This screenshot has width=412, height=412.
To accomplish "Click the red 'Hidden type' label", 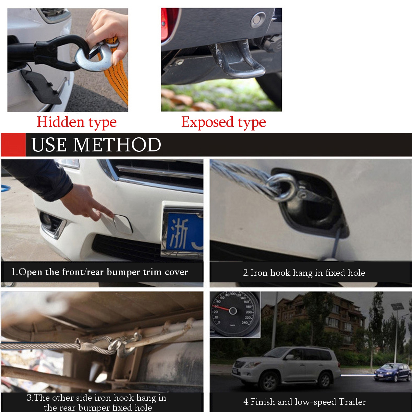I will (77, 122).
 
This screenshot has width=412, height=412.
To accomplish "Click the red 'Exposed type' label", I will (224, 122).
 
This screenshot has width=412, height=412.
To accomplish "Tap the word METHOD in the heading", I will (117, 145).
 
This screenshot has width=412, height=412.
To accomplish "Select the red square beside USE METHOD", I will (13, 145).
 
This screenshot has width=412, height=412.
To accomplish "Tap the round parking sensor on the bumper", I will (257, 20).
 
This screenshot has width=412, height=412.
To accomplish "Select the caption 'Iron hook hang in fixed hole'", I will (304, 273).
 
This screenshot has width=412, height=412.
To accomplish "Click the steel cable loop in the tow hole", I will (282, 187).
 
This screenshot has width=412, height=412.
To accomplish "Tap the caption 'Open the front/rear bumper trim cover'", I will (100, 272).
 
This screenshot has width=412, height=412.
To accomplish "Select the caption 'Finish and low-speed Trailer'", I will (305, 402).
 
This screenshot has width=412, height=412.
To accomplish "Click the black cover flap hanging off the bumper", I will (41, 86).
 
